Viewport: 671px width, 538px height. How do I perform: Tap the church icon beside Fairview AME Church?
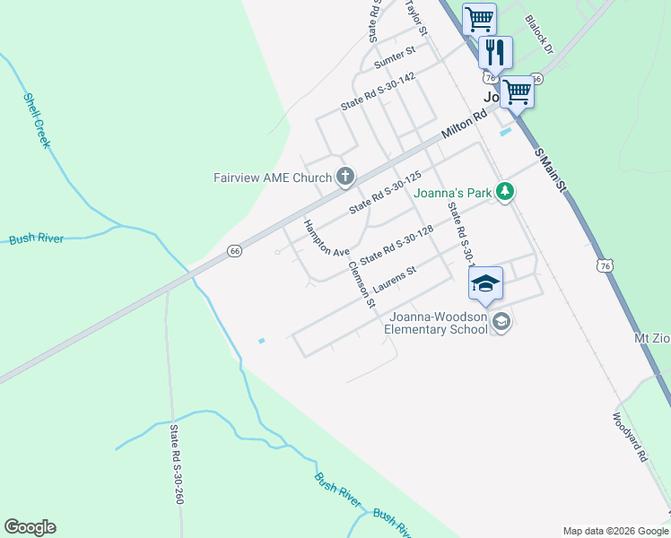tap(344, 176)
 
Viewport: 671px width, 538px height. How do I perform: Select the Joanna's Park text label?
tap(453, 192)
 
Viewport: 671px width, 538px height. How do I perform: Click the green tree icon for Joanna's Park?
tap(506, 191)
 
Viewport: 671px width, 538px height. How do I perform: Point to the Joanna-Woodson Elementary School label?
tap(436, 323)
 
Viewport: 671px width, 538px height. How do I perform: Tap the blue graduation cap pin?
tap(485, 283)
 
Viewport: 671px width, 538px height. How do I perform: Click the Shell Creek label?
tap(38, 120)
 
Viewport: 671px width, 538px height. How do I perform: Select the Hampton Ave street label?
tap(326, 239)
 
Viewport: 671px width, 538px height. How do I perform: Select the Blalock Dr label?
tap(541, 32)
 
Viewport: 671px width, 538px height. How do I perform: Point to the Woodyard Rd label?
tap(630, 436)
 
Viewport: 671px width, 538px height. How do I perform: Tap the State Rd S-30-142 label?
tap(378, 91)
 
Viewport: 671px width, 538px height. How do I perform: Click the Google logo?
tap(30, 527)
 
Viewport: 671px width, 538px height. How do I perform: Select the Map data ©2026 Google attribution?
tap(614, 531)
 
